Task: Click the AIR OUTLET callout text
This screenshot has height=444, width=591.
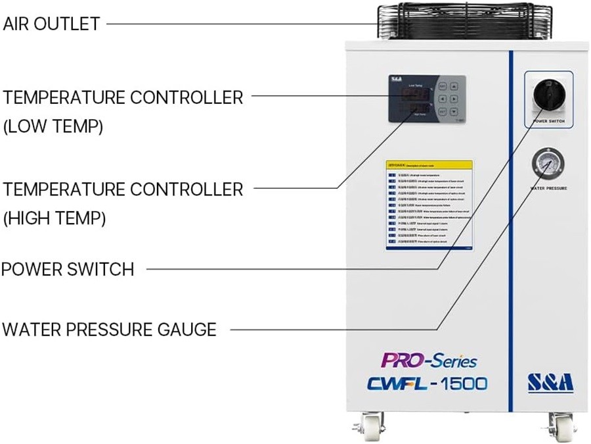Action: point(51,24)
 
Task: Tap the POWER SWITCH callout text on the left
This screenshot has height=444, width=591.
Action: point(68,269)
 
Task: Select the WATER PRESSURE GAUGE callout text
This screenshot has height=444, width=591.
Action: point(109,329)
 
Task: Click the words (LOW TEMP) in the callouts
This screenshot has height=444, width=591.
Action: point(53,127)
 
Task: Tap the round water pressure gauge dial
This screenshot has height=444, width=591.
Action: point(548,163)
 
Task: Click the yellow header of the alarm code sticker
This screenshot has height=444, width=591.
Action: point(429,166)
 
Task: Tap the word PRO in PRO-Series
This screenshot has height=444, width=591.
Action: point(397,360)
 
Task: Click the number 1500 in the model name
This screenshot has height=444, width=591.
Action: point(463,383)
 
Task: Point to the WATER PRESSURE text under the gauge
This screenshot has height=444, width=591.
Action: point(548,189)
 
